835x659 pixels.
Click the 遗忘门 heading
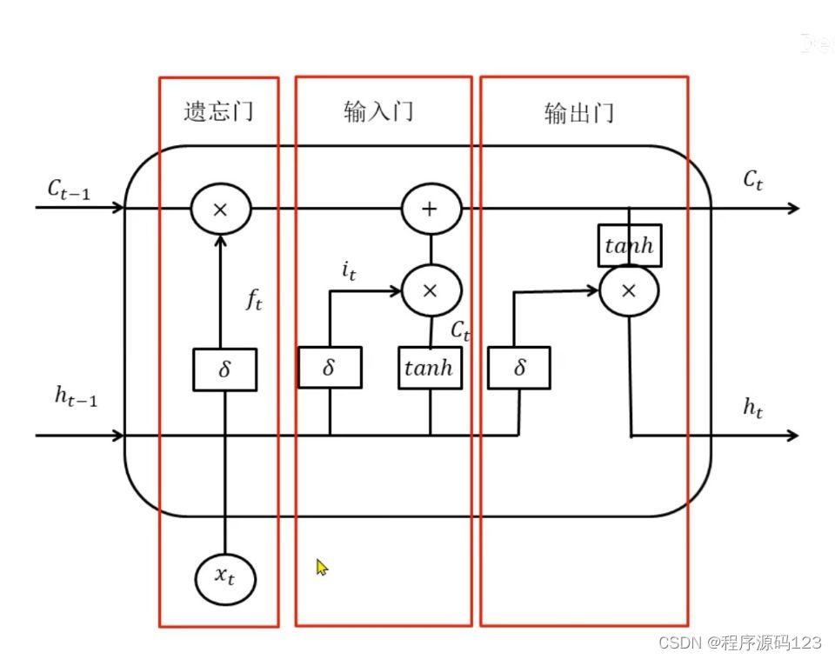coord(218,111)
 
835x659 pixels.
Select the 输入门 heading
coord(378,111)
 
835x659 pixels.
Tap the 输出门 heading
coord(579,113)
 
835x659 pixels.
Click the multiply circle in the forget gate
coord(220,209)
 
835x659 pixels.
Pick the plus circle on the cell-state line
coord(430,210)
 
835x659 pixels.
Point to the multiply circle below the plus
coord(430,290)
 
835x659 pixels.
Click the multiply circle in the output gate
coord(629,291)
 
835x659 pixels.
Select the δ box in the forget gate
coord(224,369)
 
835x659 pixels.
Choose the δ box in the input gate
coord(329,367)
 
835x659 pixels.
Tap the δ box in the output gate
coord(519,367)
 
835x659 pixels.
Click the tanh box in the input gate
coord(430,367)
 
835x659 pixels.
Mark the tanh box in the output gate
coord(629,245)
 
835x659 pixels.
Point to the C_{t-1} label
coord(69,190)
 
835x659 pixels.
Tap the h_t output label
coord(753,408)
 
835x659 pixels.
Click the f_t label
coord(253,302)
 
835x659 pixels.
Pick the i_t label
coord(348,272)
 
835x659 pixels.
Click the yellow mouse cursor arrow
coord(322,567)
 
